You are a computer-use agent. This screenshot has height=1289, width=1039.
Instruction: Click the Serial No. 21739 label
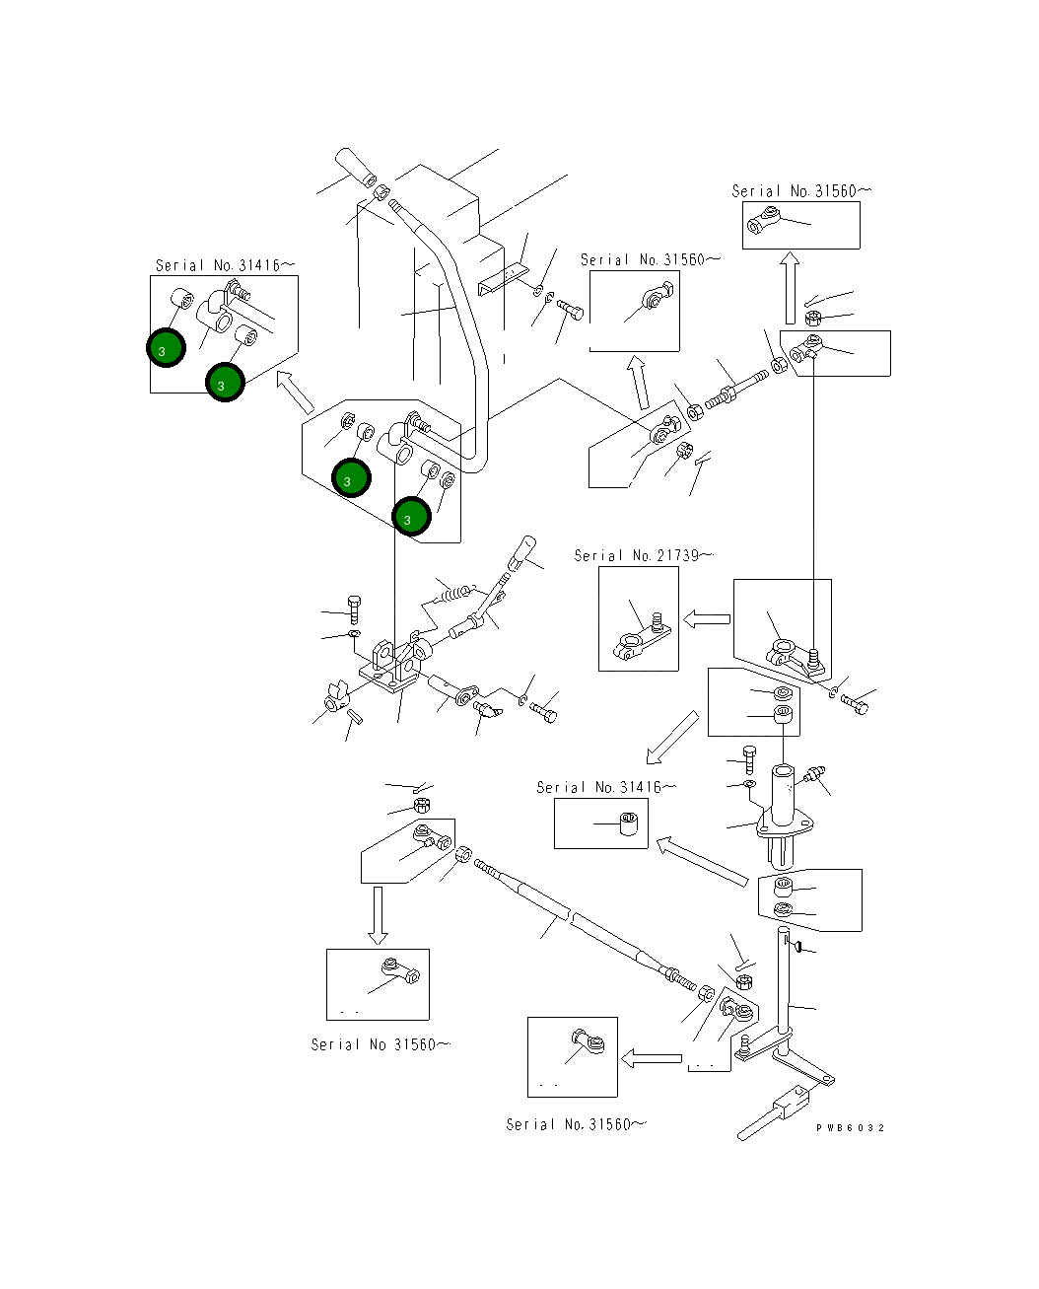(643, 556)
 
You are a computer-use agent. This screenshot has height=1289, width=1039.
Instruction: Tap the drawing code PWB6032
(850, 1128)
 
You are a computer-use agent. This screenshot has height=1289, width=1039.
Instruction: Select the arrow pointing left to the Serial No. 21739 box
(707, 619)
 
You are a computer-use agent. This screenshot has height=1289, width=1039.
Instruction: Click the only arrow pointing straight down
(378, 914)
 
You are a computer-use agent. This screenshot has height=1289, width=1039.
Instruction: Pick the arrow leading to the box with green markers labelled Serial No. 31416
(295, 392)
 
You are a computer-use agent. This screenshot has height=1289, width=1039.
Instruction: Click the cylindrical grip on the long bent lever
(355, 168)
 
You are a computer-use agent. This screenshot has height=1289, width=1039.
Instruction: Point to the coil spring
(454, 593)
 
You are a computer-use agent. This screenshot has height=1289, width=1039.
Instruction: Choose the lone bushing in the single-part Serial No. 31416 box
(630, 823)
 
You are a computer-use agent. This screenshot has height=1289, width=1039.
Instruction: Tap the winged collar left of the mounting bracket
(335, 697)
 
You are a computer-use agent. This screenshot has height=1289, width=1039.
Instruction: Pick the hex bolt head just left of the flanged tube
(747, 758)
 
